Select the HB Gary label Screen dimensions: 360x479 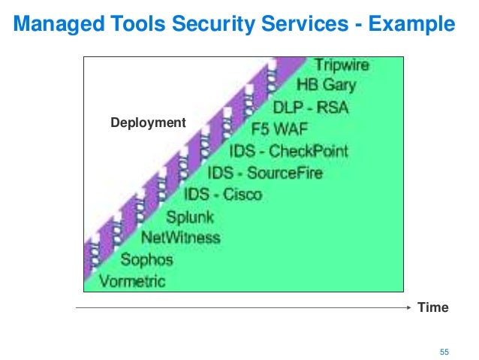(x=326, y=85)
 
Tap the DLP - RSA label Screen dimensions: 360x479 (x=310, y=107)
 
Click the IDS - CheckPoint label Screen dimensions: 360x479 (x=289, y=151)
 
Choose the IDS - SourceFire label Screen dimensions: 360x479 (x=265, y=173)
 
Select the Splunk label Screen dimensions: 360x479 (x=190, y=217)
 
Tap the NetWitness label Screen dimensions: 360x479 (x=181, y=238)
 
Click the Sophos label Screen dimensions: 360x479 (x=146, y=260)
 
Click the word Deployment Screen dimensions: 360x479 (x=148, y=122)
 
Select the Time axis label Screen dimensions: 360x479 (x=434, y=307)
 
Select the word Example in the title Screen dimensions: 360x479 (x=411, y=26)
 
